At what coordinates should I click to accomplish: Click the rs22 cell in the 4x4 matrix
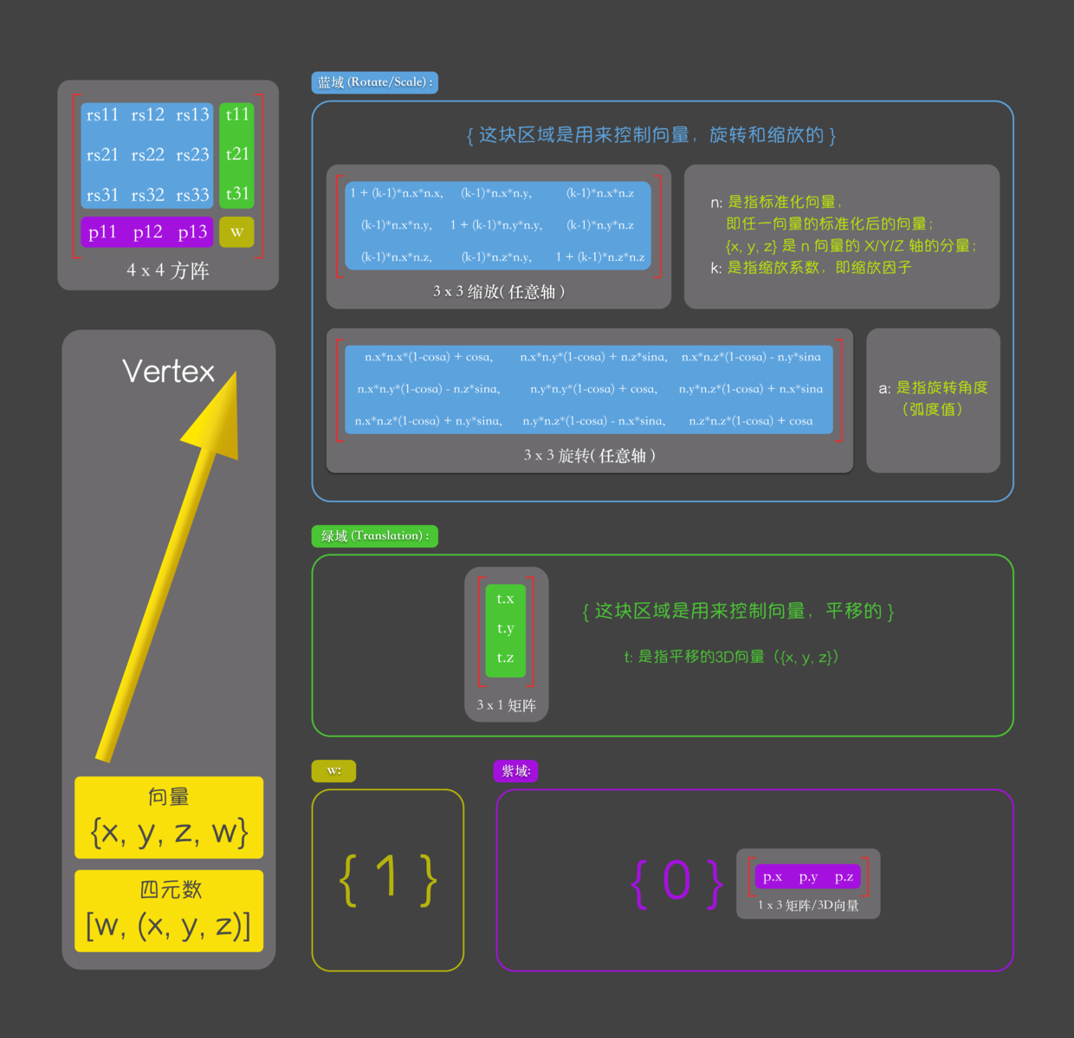coord(148,155)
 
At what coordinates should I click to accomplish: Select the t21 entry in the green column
coord(237,154)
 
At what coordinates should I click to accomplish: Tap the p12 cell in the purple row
coord(148,232)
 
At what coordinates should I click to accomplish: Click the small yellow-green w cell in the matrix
coord(236,232)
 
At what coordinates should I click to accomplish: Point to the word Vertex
coord(168,372)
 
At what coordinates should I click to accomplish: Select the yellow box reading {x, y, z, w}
coord(169,818)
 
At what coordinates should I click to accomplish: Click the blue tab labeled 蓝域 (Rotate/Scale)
coord(374,82)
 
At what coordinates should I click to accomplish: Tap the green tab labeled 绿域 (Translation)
coord(374,536)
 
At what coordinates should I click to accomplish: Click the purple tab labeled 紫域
coord(515,771)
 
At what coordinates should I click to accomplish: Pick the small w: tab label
coord(333,771)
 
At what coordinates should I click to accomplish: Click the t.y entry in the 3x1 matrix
coord(506,629)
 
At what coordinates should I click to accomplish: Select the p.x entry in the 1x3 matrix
coord(773,877)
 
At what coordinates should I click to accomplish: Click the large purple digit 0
coord(676,881)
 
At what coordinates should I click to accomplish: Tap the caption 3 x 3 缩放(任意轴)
coord(499,292)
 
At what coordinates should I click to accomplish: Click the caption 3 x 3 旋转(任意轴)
coord(589,456)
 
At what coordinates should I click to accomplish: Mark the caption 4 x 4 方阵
coord(168,271)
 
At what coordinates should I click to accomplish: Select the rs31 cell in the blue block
coord(102,195)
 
